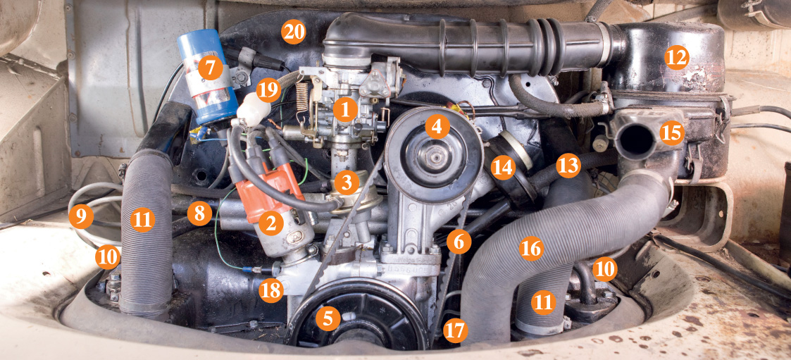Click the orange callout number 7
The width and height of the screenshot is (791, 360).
coord(210,68)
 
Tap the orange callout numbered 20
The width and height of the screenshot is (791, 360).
coord(294,33)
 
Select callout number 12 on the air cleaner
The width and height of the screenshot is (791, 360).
coord(676,58)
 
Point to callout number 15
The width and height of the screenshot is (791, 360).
coord(672,132)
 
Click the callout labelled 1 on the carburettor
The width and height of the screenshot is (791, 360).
coord(345,110)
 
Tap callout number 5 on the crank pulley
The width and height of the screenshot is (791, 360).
coord(328,318)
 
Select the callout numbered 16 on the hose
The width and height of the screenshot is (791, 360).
coord(530,248)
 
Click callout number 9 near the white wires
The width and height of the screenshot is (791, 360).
coord(81,217)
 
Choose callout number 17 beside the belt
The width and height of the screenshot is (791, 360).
coord(455,330)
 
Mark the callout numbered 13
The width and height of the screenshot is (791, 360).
coord(568,165)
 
